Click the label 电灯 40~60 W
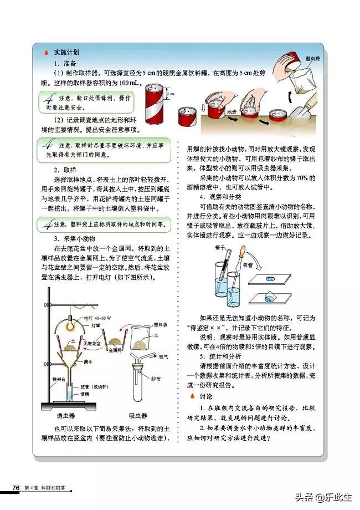point(97,318)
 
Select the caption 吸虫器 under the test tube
point(138,415)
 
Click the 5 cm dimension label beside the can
point(172,94)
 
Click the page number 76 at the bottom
point(16,487)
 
